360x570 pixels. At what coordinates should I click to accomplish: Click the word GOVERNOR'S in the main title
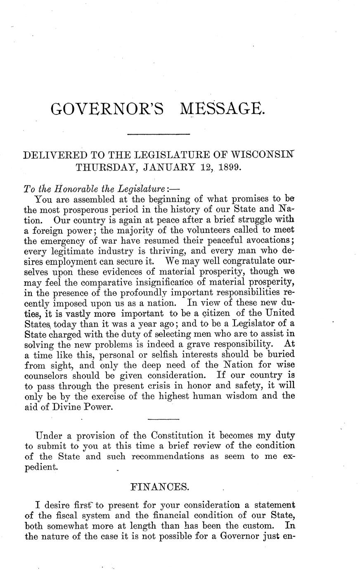pos(107,109)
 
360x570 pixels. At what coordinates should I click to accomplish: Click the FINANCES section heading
pos(159,487)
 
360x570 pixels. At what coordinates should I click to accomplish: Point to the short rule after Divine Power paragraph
pos(161,420)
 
